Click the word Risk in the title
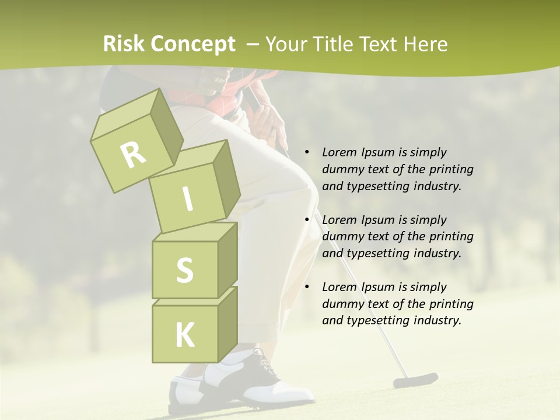click(x=124, y=44)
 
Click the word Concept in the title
click(x=194, y=44)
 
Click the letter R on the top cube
click(x=133, y=155)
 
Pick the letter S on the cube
click(x=184, y=270)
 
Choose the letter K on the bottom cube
click(x=184, y=335)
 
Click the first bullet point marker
click(x=307, y=152)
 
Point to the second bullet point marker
click(x=307, y=220)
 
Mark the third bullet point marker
click(x=307, y=287)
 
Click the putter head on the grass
click(x=415, y=380)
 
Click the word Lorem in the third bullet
click(x=340, y=286)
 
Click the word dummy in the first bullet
click(x=342, y=169)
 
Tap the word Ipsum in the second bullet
click(x=378, y=220)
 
